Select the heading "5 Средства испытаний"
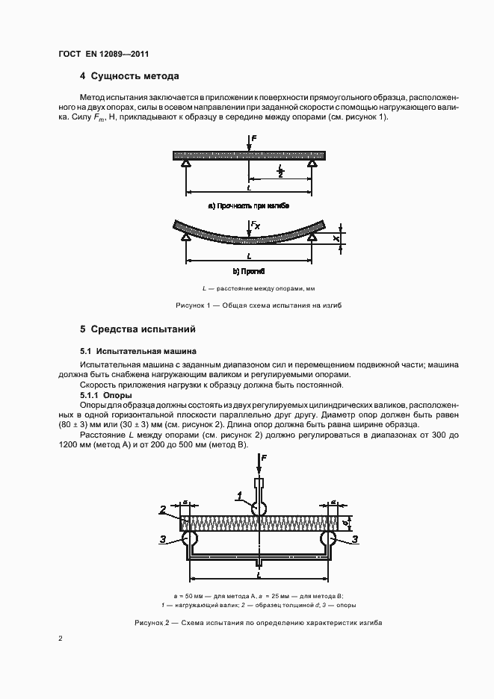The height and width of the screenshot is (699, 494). pos(138,329)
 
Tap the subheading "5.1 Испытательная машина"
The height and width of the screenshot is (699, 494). pos(138,350)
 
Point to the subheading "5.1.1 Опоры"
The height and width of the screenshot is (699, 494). pos(105,394)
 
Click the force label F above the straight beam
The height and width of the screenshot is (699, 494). pos(256,138)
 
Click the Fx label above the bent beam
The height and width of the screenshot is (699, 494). pos(256,224)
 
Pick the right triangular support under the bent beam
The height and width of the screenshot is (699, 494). pos(312,237)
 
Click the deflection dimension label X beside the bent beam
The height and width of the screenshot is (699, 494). pos(337,238)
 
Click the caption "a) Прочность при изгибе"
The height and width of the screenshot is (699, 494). pos(248,204)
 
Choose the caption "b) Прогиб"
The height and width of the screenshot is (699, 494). pos(248,272)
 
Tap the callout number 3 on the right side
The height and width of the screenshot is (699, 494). pos(354,538)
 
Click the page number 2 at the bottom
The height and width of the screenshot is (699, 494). pos(61,639)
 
